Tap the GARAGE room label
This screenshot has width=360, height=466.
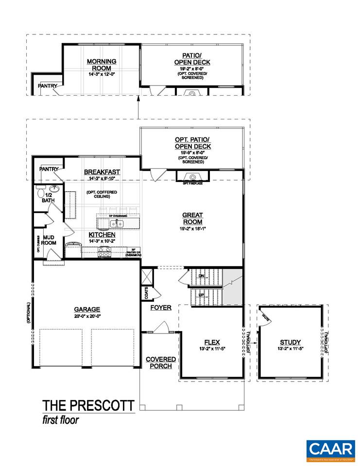87,309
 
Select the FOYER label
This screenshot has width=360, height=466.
160,307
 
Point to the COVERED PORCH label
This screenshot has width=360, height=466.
161,363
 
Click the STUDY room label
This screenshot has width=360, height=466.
290,342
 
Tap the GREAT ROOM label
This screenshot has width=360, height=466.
192,218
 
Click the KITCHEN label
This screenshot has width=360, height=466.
102,234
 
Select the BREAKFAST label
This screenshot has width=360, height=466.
102,172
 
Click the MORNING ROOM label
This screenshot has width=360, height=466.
101,65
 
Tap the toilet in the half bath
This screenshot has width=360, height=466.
40,193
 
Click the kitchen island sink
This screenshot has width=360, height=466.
116,224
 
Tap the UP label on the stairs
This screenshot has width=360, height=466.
201,295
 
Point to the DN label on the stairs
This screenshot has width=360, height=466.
201,276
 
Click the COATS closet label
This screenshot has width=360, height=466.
146,293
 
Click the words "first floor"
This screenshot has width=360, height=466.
60,419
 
